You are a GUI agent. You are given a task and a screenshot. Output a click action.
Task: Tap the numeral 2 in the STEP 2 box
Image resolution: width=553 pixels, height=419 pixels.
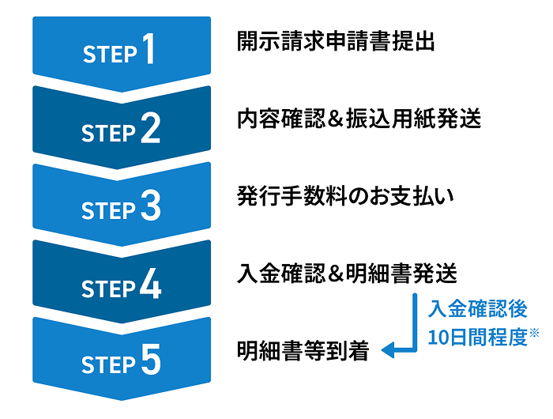pos(151,128)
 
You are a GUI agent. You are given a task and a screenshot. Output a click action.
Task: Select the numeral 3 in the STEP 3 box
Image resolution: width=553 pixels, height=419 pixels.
pos(151,206)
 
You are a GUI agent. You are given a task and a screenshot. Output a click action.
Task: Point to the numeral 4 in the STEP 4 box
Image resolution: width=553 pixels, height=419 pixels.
pos(151,283)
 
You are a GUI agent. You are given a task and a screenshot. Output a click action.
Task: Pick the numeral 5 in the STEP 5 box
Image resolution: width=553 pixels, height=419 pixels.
pos(151,360)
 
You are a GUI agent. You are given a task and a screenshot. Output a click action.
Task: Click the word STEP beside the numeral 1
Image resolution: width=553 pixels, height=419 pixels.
pos(110,54)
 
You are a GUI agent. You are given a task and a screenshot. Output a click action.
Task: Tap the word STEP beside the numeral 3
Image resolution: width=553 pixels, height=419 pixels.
pos(110,209)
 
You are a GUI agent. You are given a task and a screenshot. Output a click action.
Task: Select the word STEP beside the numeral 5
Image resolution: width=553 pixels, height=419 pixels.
pos(110,364)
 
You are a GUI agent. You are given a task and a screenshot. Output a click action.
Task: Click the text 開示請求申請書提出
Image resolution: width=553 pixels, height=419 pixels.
pos(336,42)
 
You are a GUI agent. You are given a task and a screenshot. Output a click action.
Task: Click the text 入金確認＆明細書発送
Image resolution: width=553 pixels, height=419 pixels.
pos(347,274)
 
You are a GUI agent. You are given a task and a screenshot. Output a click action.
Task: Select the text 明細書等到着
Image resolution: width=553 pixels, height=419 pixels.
pos(303,350)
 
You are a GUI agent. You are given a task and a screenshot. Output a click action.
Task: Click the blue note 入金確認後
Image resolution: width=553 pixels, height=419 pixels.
pos(477,309)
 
